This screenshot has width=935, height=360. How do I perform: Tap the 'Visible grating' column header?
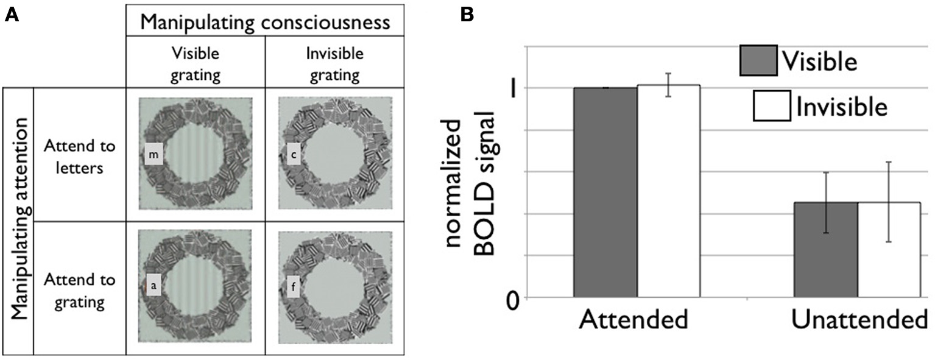[x=196, y=64]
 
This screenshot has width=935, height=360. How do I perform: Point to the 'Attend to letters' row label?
[x=79, y=157]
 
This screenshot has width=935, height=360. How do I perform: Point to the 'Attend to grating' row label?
[x=79, y=290]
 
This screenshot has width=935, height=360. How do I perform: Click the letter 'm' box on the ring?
[x=153, y=156]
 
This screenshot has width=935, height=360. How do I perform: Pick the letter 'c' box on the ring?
[x=294, y=156]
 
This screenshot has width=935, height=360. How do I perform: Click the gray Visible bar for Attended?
[x=605, y=192]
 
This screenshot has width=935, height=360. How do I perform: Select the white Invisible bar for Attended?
[x=668, y=191]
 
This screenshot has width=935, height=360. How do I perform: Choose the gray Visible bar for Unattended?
[x=825, y=250]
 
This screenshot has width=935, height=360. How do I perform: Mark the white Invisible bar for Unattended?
[x=889, y=250]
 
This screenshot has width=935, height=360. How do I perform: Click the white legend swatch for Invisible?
[x=772, y=107]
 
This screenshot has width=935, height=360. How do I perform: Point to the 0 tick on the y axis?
[x=513, y=299]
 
